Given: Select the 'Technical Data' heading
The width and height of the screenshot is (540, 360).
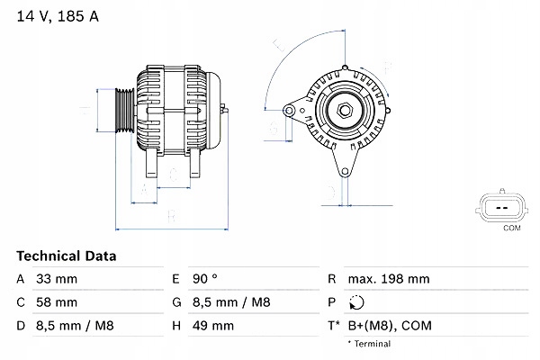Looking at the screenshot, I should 66,256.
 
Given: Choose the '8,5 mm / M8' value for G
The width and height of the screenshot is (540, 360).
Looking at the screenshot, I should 234,302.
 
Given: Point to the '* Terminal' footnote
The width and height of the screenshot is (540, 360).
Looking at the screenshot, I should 371,344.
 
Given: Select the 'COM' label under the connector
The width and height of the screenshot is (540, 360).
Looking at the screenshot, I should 510,229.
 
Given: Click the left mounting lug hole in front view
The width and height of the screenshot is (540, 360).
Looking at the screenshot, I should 289,111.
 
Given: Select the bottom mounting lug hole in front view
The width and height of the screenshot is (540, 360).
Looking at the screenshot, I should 341,171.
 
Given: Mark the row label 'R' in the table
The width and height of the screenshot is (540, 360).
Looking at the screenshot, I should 332,279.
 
